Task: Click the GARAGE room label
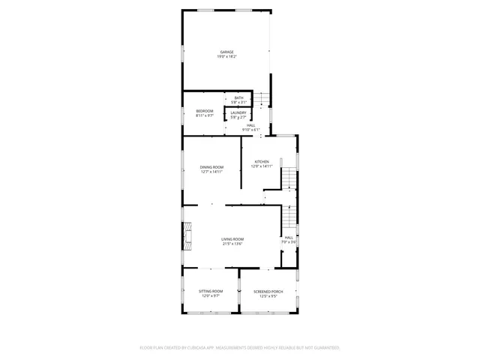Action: (x=226, y=52)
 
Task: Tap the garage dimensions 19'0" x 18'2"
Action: (x=226, y=57)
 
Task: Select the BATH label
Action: (x=238, y=97)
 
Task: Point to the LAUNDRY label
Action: (x=238, y=112)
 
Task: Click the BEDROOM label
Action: (x=205, y=111)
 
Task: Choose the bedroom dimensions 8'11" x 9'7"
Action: (x=205, y=116)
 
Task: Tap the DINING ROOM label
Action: (x=211, y=166)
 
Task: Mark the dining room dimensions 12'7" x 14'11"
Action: (x=211, y=172)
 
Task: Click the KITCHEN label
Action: (x=261, y=161)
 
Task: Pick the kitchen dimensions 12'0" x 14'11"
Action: (x=261, y=166)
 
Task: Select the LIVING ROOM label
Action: (x=232, y=239)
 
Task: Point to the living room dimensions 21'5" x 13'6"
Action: (x=232, y=244)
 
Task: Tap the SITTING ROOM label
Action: (x=211, y=291)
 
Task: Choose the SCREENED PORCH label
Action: (x=268, y=291)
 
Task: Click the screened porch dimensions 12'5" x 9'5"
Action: (x=268, y=296)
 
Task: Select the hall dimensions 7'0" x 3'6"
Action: (x=289, y=242)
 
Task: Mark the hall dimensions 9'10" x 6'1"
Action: (x=250, y=130)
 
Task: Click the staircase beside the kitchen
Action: (x=289, y=178)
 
